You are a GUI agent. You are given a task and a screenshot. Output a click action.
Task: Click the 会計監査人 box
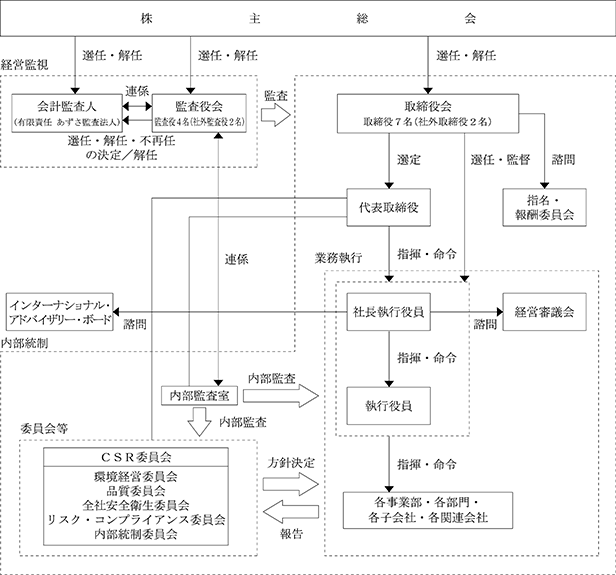point(67,113)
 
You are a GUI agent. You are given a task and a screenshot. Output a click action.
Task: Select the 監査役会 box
point(199,113)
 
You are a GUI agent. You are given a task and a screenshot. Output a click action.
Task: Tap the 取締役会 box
point(428,113)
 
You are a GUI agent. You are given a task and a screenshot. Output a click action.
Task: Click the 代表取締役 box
point(388,207)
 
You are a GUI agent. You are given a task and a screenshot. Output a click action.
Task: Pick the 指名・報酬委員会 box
point(544,207)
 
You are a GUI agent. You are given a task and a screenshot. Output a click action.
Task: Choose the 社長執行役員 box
point(388,312)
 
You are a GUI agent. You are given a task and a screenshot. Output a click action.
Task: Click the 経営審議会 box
point(544,312)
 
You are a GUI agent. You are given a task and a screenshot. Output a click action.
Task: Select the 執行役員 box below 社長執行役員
point(388,406)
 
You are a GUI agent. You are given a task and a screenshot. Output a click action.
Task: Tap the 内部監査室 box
point(200,396)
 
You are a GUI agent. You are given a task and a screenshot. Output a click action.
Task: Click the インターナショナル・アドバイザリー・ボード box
point(60,312)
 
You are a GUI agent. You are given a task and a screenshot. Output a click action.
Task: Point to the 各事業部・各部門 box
point(428,510)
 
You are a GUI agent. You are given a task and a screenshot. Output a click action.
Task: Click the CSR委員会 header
point(136,457)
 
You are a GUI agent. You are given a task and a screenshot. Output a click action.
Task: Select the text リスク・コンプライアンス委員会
point(136,520)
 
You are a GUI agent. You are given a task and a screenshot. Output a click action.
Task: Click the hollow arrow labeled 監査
point(276,115)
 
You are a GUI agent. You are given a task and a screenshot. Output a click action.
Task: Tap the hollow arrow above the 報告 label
point(291,512)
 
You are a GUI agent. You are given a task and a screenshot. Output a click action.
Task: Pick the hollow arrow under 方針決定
point(291,484)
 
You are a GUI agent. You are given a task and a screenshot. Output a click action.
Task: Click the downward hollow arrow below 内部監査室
point(200,422)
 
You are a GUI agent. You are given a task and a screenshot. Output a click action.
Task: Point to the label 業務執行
point(338,258)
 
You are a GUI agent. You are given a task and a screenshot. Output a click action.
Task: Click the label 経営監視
point(24,65)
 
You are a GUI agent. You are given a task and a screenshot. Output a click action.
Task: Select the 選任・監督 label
point(501,160)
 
